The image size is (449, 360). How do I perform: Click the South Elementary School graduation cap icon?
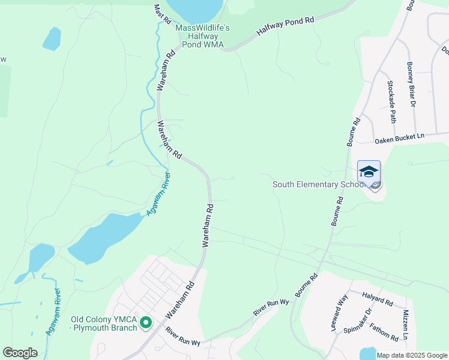369,171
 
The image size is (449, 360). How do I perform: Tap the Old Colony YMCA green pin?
145,323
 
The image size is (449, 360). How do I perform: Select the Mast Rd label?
162,14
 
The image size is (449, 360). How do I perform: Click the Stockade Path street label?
392,101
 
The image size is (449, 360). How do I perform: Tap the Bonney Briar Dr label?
411,84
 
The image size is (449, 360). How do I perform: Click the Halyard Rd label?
377,298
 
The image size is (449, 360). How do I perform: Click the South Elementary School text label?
319,184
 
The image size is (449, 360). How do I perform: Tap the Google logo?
20,353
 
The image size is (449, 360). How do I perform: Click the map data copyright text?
412,355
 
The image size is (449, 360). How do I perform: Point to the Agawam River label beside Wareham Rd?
158,194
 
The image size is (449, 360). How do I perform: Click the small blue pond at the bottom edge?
367,354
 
